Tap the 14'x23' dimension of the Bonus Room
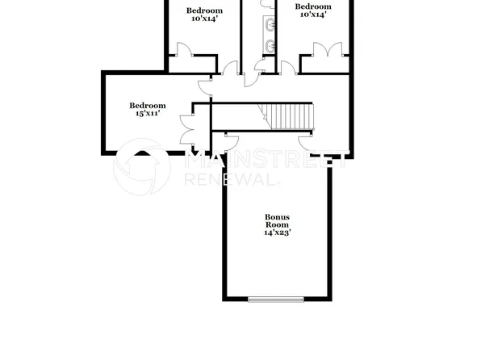[x=277, y=232]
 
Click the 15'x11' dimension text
[x=148, y=114]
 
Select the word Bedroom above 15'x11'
[x=148, y=105]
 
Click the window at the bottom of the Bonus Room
[x=277, y=299]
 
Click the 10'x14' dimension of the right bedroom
[x=314, y=14]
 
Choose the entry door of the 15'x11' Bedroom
[x=206, y=84]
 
